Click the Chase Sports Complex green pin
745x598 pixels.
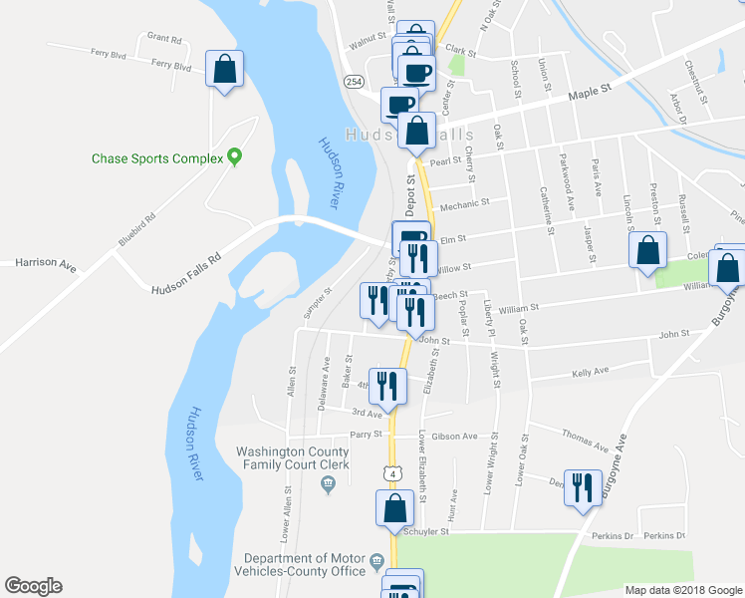235,156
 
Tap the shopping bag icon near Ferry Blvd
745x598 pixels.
224,70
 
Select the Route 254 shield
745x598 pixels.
354,79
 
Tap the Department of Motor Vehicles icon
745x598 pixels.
375,563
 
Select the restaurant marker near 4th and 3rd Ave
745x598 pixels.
386,386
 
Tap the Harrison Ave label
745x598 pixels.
46,264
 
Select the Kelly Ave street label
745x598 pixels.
591,371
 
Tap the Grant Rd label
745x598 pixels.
164,39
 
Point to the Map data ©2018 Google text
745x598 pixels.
683,590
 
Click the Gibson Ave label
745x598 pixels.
455,436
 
